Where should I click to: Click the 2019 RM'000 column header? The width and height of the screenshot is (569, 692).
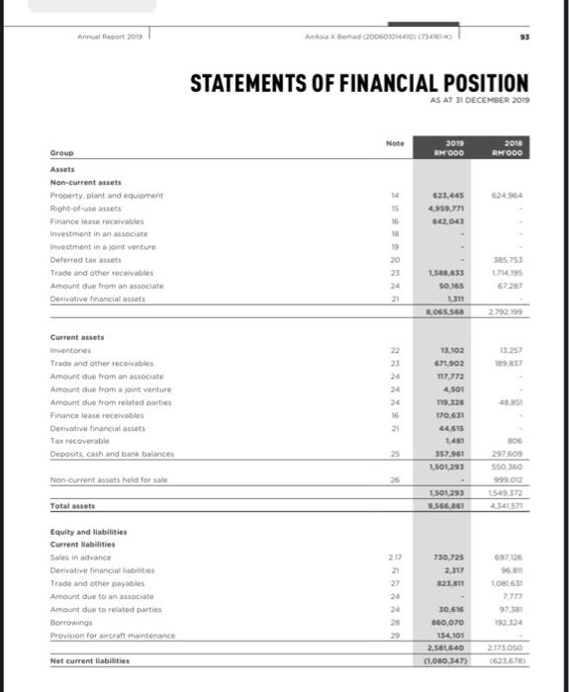point(454,148)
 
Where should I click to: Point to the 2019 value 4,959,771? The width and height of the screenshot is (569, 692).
point(450,210)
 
